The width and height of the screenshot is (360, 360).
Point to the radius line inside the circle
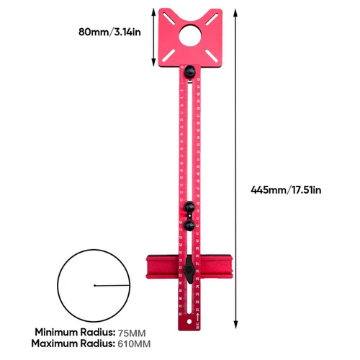click(x=112, y=287)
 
